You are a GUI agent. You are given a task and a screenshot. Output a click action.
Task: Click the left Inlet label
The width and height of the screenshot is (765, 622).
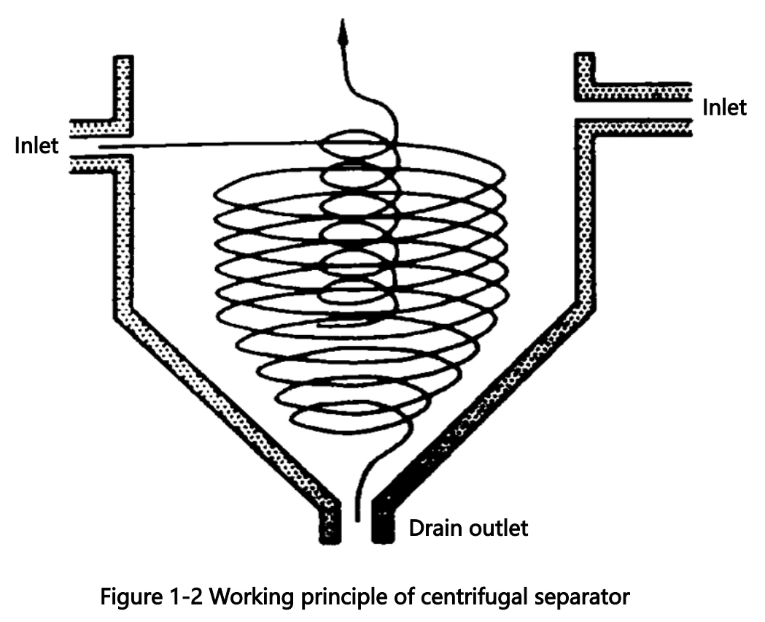pos(36,146)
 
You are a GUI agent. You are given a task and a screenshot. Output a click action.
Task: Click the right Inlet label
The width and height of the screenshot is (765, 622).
pos(724,108)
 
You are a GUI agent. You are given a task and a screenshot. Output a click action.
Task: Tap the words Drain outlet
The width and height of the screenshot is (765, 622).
pos(468,528)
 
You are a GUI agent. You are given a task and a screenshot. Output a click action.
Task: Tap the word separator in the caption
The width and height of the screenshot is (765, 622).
pos(586,599)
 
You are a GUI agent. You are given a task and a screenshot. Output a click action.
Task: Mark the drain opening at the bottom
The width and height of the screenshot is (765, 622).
pos(357,522)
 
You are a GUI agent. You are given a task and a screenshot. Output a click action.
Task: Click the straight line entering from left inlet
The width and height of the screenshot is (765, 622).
pos(211,145)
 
